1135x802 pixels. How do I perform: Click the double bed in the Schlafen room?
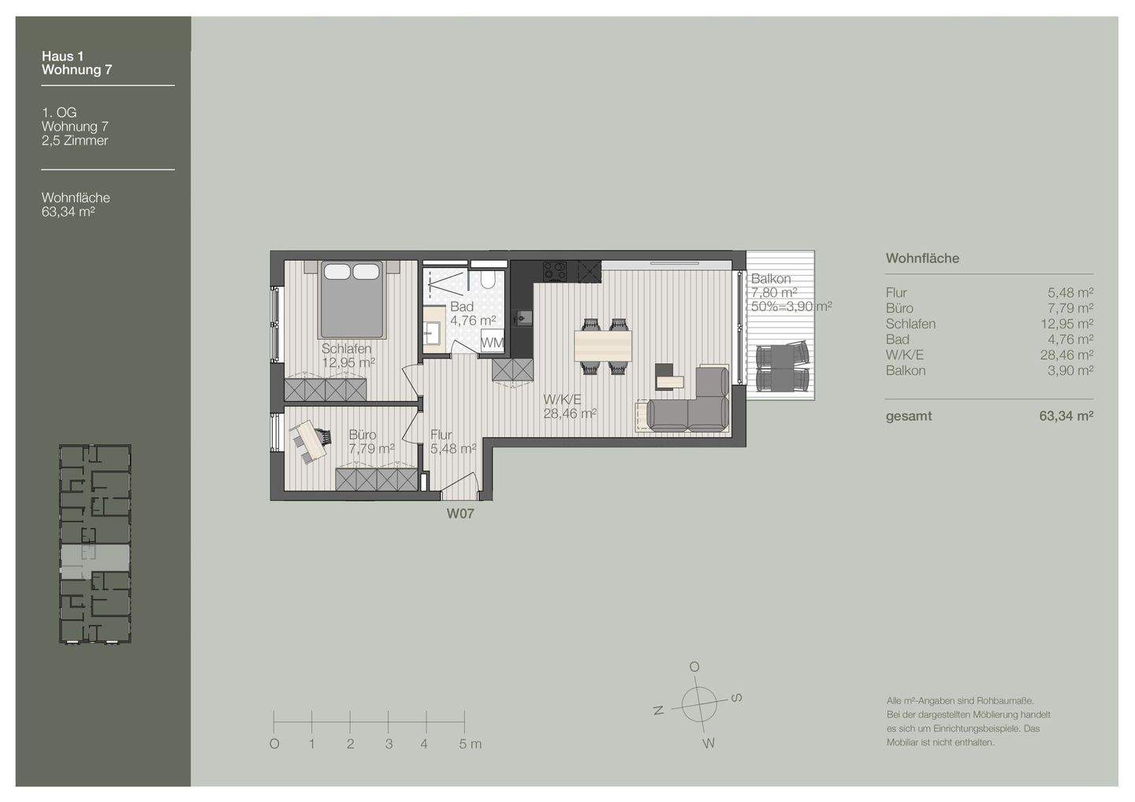click(x=352, y=299)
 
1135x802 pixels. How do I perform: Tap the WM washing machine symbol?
click(x=492, y=343)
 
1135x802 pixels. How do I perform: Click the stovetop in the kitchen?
click(x=555, y=271)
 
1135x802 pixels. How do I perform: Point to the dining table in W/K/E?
click(x=602, y=347)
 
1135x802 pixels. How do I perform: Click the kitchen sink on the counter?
click(x=522, y=318)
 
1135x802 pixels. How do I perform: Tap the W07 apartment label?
click(x=460, y=514)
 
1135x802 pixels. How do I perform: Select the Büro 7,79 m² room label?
click(x=371, y=442)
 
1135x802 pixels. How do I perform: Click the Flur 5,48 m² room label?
click(x=453, y=441)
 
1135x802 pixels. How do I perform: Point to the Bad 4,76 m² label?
click(x=473, y=314)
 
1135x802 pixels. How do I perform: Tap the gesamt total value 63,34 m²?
click(x=1066, y=416)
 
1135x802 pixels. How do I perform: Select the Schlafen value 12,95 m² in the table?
click(x=1066, y=324)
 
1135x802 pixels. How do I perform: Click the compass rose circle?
click(x=699, y=704)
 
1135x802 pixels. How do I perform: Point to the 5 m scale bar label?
click(x=471, y=744)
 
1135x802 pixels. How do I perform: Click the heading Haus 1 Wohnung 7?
click(x=77, y=63)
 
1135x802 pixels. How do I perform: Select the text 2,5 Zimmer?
click(x=75, y=140)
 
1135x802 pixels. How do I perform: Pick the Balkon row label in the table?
click(x=906, y=370)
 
